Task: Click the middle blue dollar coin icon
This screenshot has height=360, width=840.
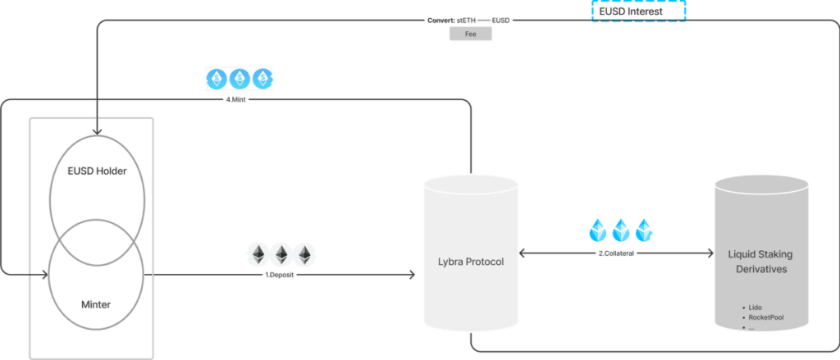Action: [240, 79]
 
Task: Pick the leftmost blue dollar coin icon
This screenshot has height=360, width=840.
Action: [217, 79]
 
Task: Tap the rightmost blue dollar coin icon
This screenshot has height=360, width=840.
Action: [262, 79]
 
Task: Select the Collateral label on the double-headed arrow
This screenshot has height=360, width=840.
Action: [615, 254]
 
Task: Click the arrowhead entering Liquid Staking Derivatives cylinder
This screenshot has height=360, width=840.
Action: [708, 254]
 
